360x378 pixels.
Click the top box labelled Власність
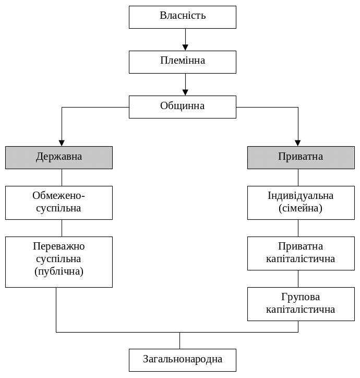click(183, 17)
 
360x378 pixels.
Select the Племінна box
click(183, 62)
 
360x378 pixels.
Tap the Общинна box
click(183, 107)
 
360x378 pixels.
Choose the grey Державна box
click(59, 157)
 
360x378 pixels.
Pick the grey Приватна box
click(301, 157)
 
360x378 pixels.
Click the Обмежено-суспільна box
click(59, 203)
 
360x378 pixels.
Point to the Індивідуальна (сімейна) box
click(301, 203)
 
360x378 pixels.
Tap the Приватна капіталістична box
click(301, 253)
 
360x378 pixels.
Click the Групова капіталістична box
click(301, 304)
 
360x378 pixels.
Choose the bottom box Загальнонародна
click(183, 360)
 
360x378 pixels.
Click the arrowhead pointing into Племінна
click(185, 48)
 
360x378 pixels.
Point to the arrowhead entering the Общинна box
click(185, 92)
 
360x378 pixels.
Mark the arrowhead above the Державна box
click(62, 143)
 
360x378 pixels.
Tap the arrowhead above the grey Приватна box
click(298, 143)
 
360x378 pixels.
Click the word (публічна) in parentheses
click(59, 271)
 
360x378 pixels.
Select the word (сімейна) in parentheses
click(301, 208)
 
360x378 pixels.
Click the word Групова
click(301, 297)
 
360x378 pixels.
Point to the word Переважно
click(59, 246)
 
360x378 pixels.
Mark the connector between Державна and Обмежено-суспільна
click(62, 178)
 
